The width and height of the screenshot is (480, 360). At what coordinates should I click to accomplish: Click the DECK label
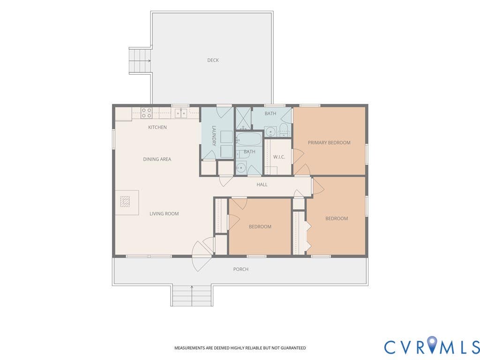click(213, 60)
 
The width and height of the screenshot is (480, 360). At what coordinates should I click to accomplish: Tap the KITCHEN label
click(157, 127)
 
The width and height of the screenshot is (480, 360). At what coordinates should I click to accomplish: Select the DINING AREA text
click(157, 159)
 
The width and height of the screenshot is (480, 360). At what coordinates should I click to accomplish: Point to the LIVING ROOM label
click(164, 214)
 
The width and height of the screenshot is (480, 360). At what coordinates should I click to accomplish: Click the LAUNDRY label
click(214, 136)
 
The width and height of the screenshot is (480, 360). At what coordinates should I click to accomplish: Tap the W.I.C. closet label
click(279, 157)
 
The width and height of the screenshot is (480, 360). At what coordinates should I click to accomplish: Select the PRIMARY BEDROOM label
click(329, 142)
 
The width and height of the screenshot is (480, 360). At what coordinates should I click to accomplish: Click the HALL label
click(262, 185)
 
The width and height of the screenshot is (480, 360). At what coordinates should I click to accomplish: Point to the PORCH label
click(241, 270)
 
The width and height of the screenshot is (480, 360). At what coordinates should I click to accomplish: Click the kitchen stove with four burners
click(147, 113)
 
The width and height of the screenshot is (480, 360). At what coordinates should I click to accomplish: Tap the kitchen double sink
click(181, 113)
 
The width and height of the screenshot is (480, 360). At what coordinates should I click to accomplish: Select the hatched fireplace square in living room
click(125, 202)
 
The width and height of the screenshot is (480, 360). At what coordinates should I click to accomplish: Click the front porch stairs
click(192, 295)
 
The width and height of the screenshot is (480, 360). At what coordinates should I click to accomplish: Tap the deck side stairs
click(140, 60)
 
